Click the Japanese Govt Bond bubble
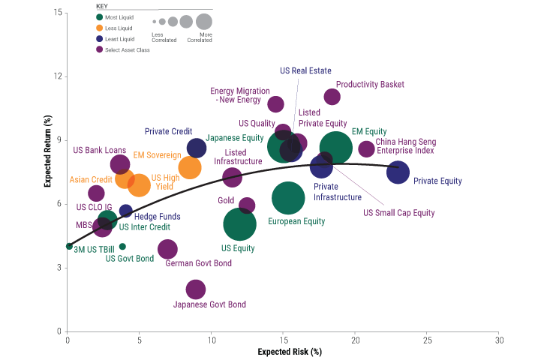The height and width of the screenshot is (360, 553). (x=195, y=289)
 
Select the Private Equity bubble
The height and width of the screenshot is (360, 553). (x=398, y=172)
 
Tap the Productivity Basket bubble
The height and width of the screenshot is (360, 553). (x=332, y=97)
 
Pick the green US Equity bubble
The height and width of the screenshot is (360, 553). (x=239, y=223)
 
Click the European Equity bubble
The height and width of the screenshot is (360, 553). (x=288, y=198)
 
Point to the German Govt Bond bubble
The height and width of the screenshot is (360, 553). (x=167, y=249)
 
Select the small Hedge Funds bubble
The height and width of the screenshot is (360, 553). (x=126, y=211)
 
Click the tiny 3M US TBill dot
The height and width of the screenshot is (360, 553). (x=69, y=246)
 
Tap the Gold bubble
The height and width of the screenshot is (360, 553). (x=247, y=205)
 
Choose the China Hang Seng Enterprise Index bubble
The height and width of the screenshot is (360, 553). (x=366, y=149)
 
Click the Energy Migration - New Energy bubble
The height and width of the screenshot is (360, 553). (x=276, y=104)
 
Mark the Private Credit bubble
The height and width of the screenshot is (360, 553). (x=196, y=148)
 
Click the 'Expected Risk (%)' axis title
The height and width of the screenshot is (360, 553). (x=290, y=351)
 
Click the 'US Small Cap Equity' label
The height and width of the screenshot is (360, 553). (x=399, y=212)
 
